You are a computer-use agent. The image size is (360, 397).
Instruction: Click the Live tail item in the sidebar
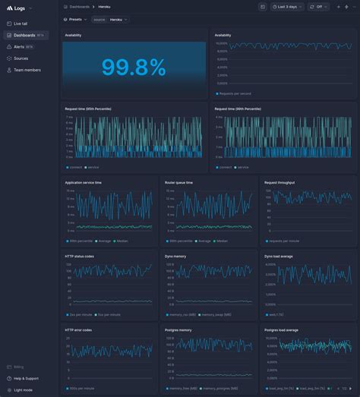(x=20, y=24)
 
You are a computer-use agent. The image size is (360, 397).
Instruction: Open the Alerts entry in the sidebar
(x=20, y=46)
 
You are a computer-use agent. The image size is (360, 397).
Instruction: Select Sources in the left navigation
(x=21, y=58)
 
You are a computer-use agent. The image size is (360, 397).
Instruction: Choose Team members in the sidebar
(x=27, y=70)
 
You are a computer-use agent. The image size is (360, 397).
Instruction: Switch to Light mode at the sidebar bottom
(x=23, y=389)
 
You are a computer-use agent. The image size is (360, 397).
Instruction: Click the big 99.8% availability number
(x=133, y=68)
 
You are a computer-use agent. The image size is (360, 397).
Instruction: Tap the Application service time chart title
(x=83, y=182)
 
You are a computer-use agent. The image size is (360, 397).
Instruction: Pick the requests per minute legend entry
(x=284, y=241)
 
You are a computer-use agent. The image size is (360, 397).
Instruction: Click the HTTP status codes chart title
(x=79, y=257)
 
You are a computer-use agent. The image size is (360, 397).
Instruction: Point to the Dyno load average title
(x=279, y=257)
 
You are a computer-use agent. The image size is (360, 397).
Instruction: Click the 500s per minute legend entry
(x=81, y=388)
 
